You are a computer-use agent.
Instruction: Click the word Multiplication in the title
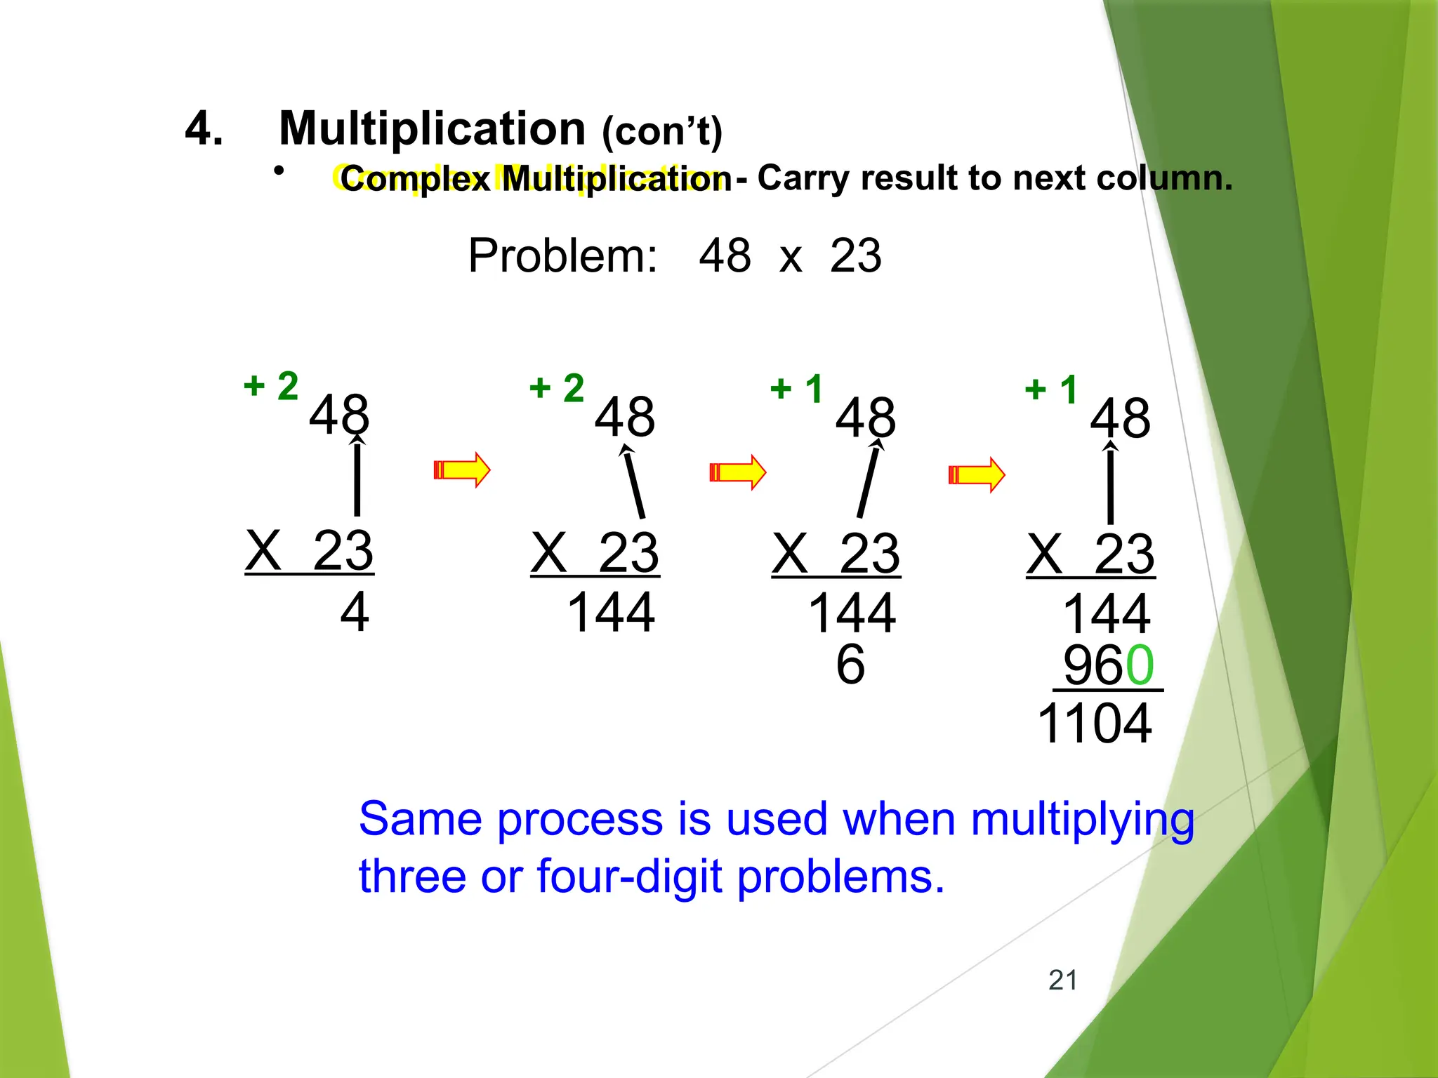coord(432,129)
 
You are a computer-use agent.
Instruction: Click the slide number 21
coord(1062,980)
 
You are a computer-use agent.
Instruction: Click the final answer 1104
coord(1094,724)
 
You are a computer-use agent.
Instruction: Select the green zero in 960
coord(1140,665)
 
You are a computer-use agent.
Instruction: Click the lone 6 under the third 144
coord(850,664)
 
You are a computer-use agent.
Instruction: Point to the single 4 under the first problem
coord(355,612)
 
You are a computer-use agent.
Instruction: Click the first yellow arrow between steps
coord(461,470)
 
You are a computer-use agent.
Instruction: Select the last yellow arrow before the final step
coord(976,474)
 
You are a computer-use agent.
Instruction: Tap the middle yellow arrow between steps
coord(737,472)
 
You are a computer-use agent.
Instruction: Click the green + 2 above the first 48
coord(271,386)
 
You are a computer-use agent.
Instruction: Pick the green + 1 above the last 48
coord(1051,390)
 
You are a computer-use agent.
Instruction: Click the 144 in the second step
coord(610,613)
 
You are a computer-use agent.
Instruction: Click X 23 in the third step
coord(836,554)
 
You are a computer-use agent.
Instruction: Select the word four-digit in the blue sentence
coord(629,877)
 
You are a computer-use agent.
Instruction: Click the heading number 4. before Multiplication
coord(204,129)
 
